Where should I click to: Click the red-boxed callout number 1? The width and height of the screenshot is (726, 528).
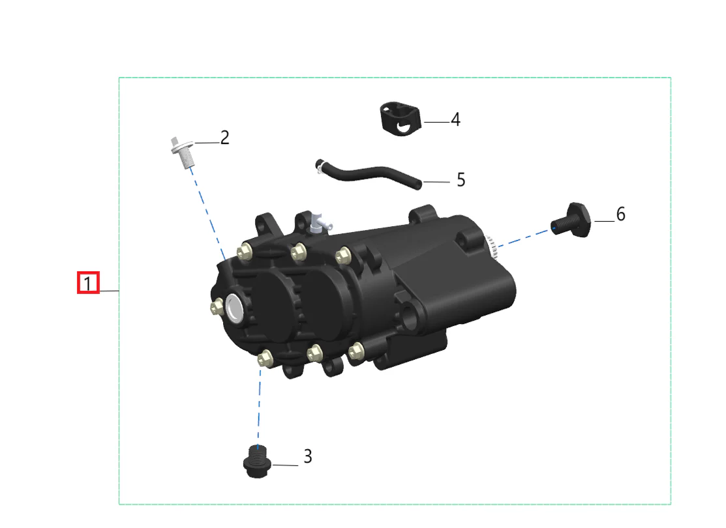(x=88, y=283)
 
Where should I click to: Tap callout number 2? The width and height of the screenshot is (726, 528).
(x=224, y=138)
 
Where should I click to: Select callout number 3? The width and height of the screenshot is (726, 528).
(x=308, y=456)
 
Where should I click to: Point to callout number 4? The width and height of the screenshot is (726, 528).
(x=455, y=119)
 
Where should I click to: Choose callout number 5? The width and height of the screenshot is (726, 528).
(x=461, y=179)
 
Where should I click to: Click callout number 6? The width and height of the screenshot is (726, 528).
(x=621, y=214)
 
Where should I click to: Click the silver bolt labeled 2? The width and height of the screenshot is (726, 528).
(x=183, y=152)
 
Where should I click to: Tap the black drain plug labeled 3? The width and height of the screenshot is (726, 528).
(x=256, y=461)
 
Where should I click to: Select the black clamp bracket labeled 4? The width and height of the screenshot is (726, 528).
(x=401, y=119)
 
